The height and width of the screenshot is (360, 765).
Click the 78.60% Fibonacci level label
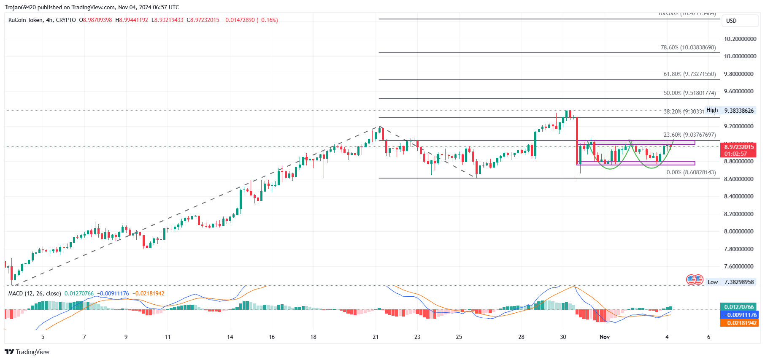point(688,48)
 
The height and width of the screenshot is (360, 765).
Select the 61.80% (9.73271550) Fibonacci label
point(689,74)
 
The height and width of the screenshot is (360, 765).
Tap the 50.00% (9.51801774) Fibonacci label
point(689,93)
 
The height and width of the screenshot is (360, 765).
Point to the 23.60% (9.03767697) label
point(689,135)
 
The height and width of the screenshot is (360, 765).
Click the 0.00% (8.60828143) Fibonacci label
point(691,172)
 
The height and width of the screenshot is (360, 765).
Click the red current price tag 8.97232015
point(739,147)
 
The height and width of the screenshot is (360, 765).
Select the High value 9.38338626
point(739,111)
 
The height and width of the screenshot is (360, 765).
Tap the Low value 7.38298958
point(739,282)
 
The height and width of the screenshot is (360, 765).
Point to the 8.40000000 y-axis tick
point(738,196)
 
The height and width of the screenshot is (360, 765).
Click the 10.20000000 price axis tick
point(740,39)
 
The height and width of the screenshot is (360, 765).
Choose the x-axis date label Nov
point(605,337)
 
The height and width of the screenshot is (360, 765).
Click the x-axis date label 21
point(376,337)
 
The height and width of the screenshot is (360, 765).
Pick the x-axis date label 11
point(168,337)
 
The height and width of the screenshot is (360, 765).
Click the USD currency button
point(731,21)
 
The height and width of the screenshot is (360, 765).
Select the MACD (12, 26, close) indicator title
point(35,293)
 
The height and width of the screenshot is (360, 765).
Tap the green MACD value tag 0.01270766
point(739,307)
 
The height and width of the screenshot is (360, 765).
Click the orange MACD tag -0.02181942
point(739,323)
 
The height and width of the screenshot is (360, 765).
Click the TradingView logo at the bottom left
point(27,352)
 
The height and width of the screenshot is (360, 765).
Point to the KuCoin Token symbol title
point(26,20)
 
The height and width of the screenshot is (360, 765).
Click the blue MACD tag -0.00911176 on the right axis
point(739,315)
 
